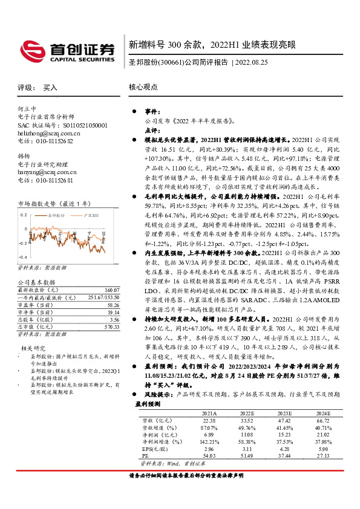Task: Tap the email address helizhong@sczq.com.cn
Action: coord(50,132)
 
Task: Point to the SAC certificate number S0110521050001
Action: coord(79,125)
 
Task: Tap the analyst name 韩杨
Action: coord(24,155)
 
